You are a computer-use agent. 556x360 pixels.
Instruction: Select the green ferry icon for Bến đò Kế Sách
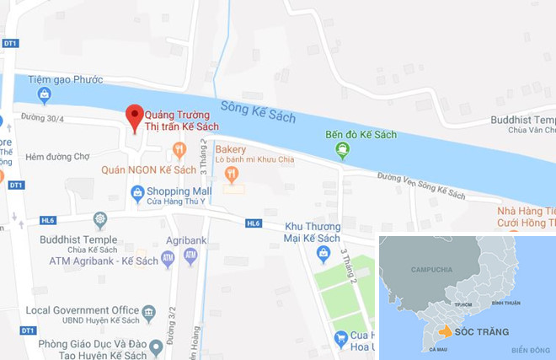pyautogui.click(x=343, y=150)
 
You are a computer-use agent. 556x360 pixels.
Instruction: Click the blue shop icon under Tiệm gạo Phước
pyautogui.click(x=44, y=95)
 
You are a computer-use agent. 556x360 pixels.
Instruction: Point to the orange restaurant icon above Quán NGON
pyautogui.click(x=179, y=149)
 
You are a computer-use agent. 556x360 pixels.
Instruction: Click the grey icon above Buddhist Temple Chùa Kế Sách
pyautogui.click(x=99, y=221)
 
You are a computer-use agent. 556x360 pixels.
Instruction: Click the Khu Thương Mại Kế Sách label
pyautogui.click(x=316, y=232)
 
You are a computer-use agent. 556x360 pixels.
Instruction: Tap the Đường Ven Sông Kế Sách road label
pyautogui.click(x=420, y=185)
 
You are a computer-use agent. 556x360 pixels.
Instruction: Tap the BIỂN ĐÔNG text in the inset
pyautogui.click(x=529, y=350)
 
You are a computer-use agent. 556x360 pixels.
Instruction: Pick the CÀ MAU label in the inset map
pyautogui.click(x=437, y=347)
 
